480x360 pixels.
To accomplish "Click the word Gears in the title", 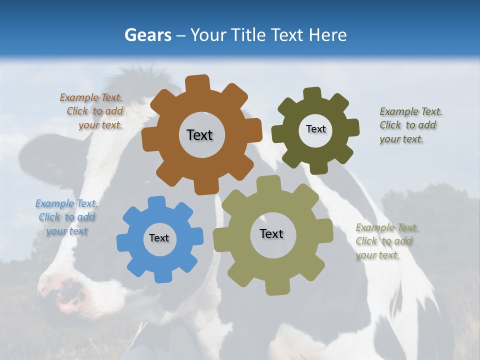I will pyautogui.click(x=147, y=35).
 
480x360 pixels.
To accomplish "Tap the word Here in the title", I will pyautogui.click(x=328, y=35).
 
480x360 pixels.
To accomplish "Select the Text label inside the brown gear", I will pyautogui.click(x=199, y=135).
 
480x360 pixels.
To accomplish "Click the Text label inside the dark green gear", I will pyautogui.click(x=315, y=129).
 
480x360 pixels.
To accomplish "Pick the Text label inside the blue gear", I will pyautogui.click(x=159, y=238).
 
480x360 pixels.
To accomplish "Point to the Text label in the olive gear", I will pyautogui.click(x=271, y=234).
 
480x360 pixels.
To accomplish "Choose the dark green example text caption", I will pyautogui.click(x=409, y=125).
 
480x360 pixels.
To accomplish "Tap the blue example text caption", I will pyautogui.click(x=67, y=217).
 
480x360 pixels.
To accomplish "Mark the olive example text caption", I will pyautogui.click(x=385, y=241).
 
